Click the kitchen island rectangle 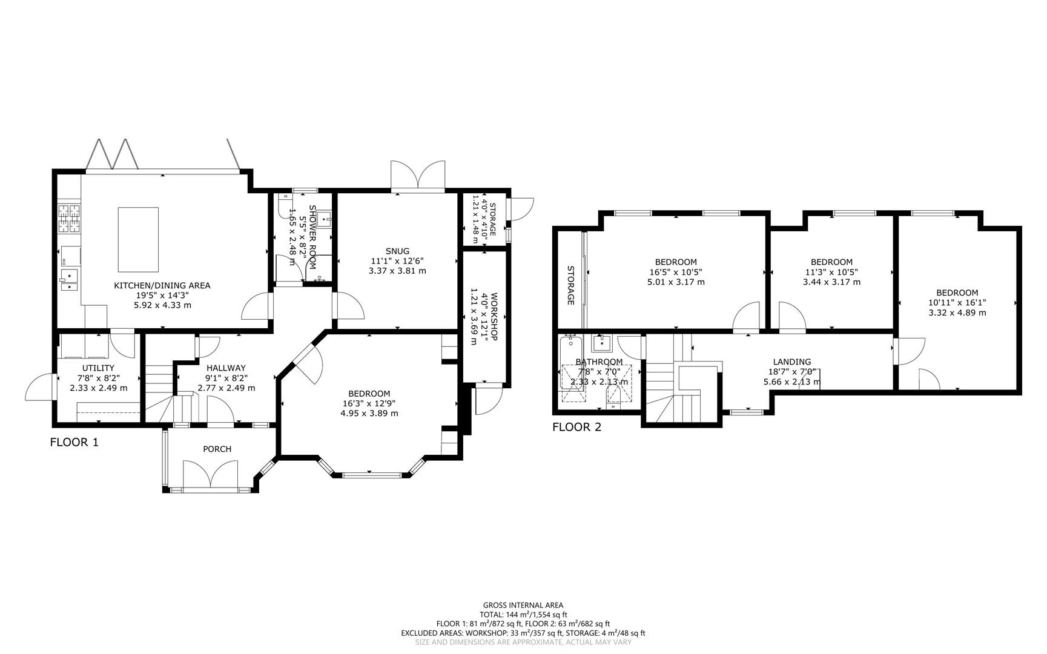tap(138, 239)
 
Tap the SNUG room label tap(397, 251)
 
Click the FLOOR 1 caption tap(74, 442)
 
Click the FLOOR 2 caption tap(576, 427)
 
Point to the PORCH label tap(217, 449)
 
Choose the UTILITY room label tap(98, 368)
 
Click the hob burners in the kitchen tap(69, 219)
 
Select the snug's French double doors tap(418, 177)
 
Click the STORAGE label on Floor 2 tap(570, 285)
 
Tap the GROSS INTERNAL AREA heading tap(523, 604)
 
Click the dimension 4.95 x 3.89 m tap(369, 413)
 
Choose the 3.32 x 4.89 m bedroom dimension tap(957, 312)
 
